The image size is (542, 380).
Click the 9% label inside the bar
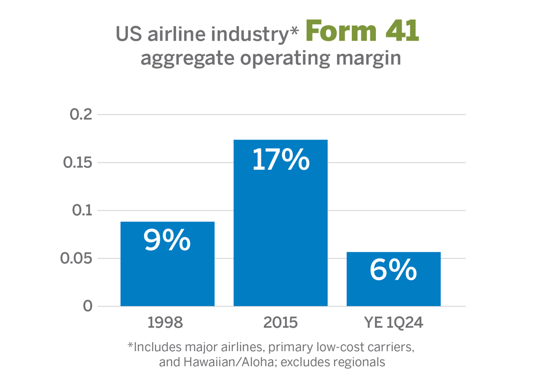coord(167,241)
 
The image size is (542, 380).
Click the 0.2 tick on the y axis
coord(81,115)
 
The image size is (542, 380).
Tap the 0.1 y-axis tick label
coord(81,210)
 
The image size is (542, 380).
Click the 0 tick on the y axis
coord(87,306)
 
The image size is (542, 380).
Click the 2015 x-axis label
coord(280,323)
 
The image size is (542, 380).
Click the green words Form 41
coord(362,32)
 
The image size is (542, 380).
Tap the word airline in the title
coord(177,34)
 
